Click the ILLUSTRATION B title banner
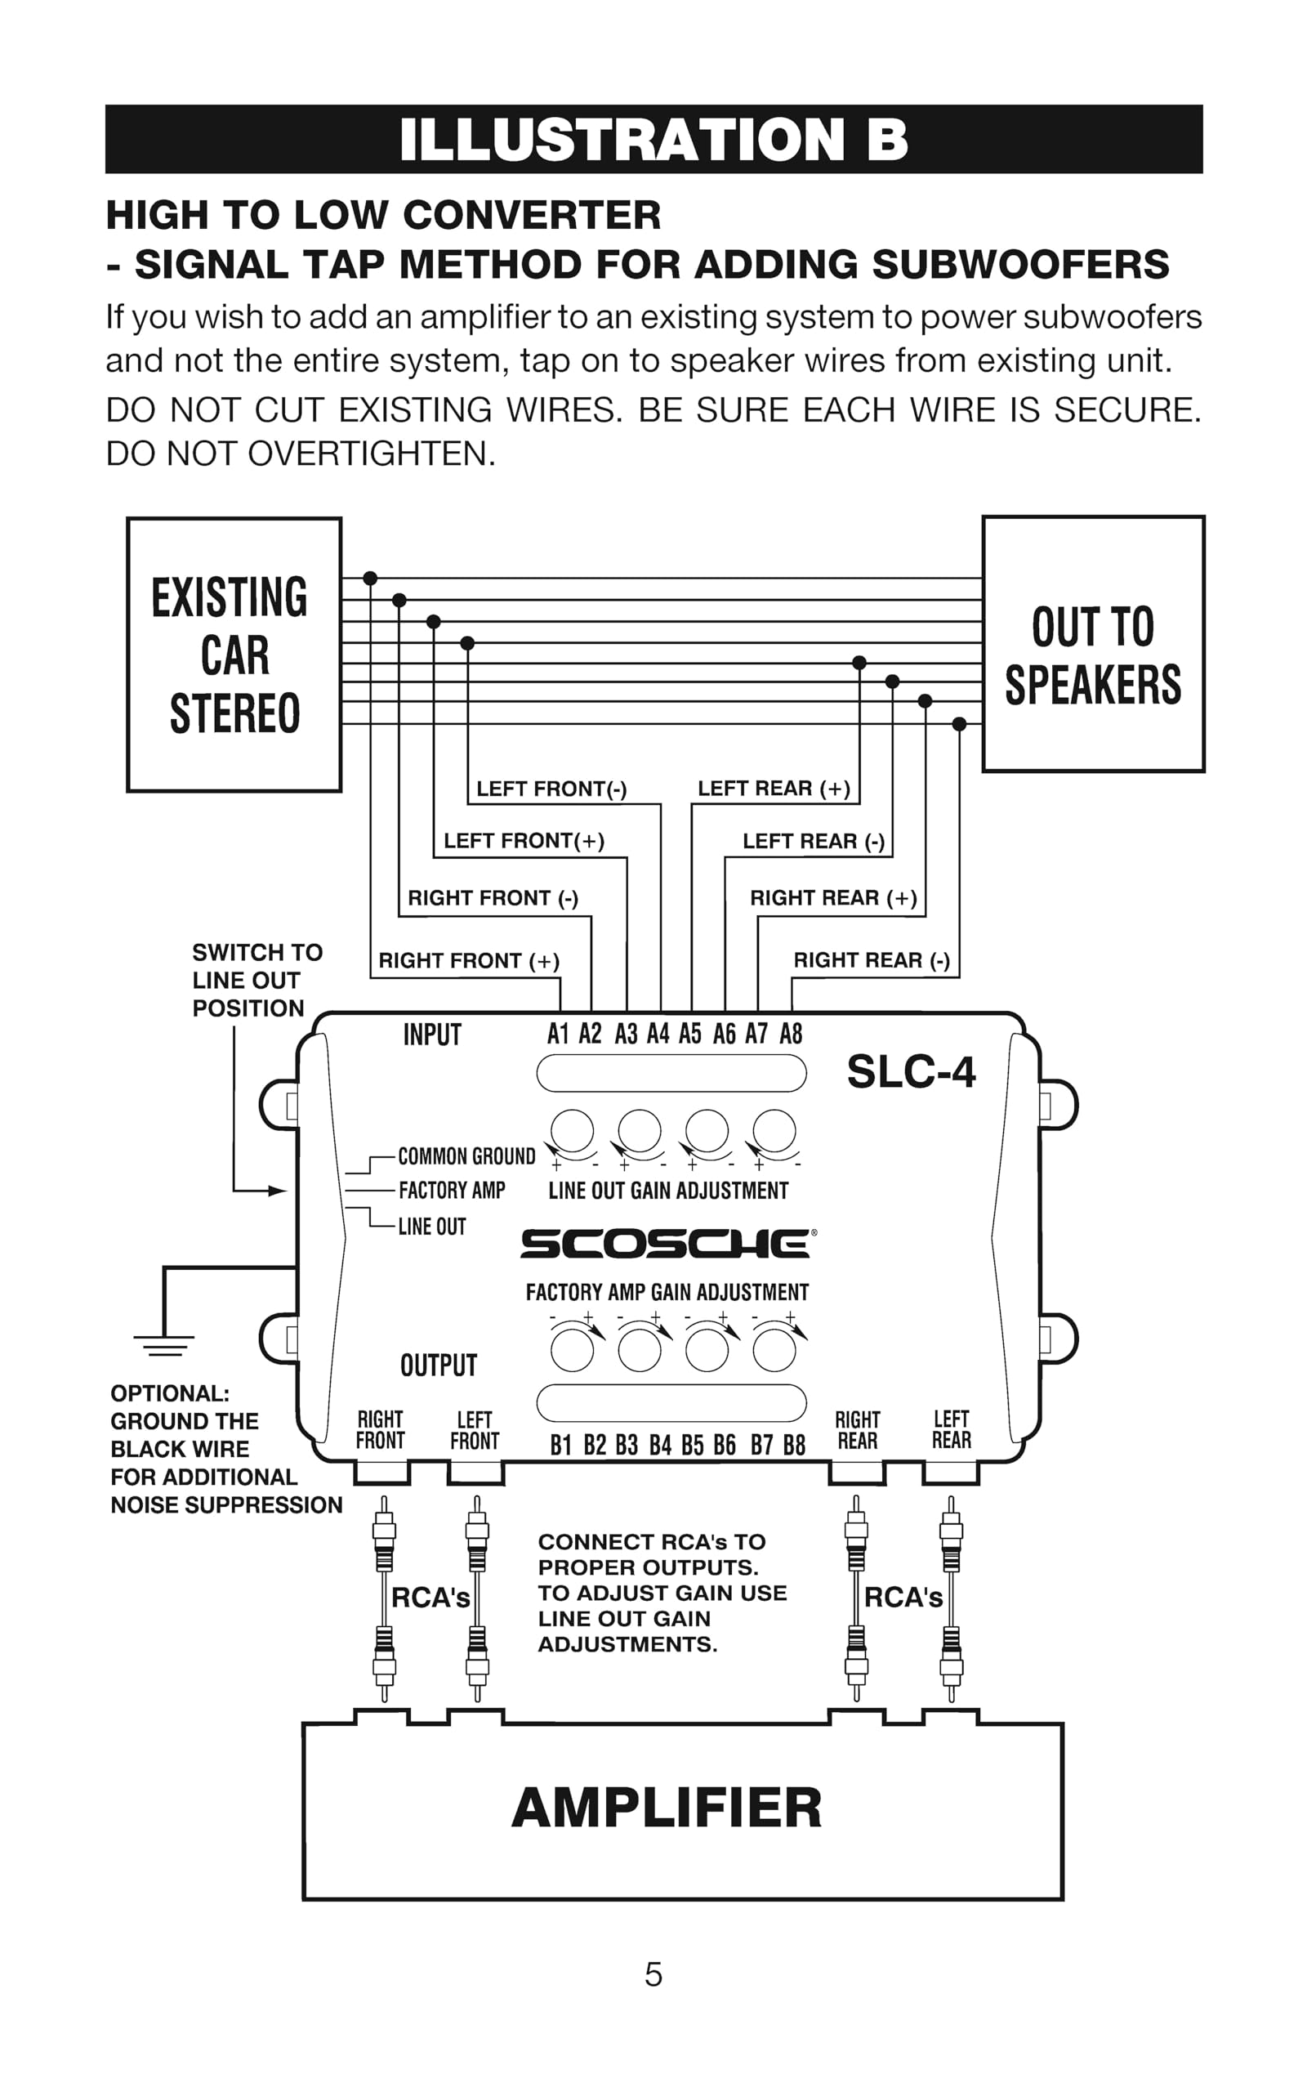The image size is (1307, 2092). point(653,139)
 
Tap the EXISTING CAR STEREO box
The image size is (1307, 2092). point(234,655)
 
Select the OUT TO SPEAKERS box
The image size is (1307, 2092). point(1093,644)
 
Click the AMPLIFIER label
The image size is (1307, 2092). point(667,1808)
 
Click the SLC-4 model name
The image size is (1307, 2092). point(911,1072)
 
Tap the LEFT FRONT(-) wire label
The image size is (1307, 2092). point(551,789)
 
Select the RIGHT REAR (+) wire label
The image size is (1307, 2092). point(833,898)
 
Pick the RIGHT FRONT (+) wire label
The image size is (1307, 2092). point(469,960)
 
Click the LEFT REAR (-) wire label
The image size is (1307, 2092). point(814,841)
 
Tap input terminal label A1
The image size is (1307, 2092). point(559,1034)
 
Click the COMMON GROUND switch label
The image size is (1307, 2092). point(466,1156)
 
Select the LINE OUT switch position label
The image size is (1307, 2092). point(431,1227)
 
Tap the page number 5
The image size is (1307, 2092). point(653,1975)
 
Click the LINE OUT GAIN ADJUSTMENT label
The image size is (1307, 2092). point(668,1191)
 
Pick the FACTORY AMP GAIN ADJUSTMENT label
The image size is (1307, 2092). point(667,1292)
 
